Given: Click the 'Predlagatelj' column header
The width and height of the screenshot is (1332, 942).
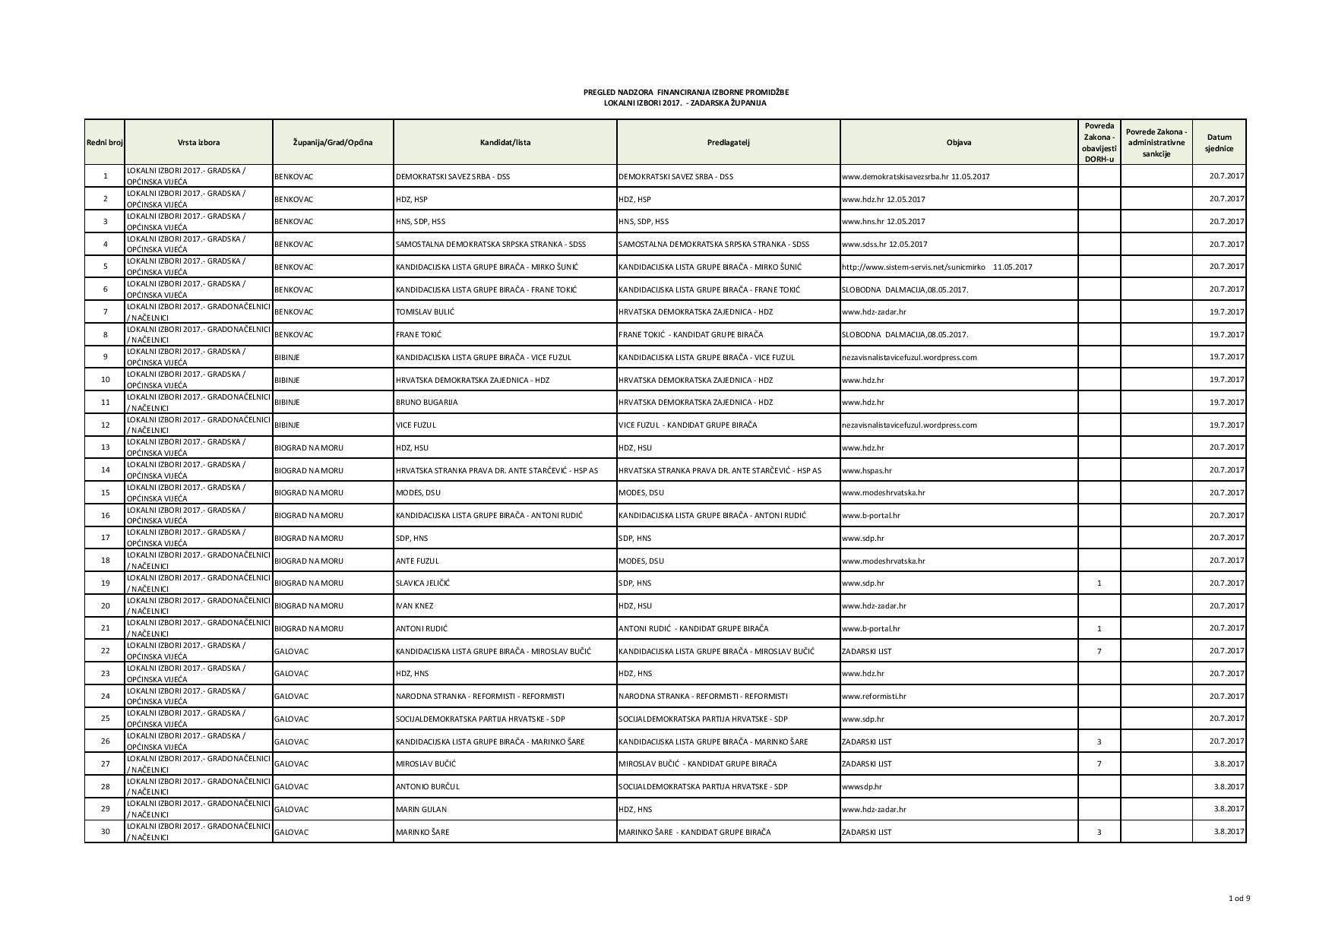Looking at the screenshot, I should click(x=728, y=142).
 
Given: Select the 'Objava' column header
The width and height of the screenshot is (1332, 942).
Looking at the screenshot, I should click(x=958, y=142).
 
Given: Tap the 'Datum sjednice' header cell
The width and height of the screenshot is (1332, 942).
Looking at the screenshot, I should click(x=1219, y=143).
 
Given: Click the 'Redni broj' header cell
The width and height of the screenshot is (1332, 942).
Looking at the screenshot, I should click(x=105, y=142).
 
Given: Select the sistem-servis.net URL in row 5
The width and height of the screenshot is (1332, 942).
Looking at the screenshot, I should click(x=913, y=267).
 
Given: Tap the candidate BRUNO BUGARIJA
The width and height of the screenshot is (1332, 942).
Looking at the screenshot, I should click(x=427, y=402).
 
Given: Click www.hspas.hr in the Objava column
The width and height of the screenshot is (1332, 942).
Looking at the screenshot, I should click(x=867, y=470).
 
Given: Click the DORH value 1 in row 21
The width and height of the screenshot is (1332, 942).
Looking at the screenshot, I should click(x=1099, y=628).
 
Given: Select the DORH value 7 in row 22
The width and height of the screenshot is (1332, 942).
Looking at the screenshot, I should click(x=1099, y=651).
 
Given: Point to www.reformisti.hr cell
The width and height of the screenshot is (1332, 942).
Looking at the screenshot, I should click(x=874, y=696).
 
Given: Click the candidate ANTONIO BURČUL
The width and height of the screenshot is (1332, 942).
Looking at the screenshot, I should click(x=428, y=786).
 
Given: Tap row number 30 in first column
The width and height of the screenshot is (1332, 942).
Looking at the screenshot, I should click(x=105, y=831).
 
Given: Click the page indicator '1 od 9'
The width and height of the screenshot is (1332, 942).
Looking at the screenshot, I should click(x=1239, y=899).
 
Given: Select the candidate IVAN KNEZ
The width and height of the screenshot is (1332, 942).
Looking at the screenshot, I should click(x=415, y=605).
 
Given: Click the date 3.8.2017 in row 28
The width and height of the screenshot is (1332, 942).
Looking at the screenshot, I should click(x=1229, y=786).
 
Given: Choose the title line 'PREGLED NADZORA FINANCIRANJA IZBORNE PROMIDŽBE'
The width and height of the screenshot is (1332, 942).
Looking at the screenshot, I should click(x=686, y=92).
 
